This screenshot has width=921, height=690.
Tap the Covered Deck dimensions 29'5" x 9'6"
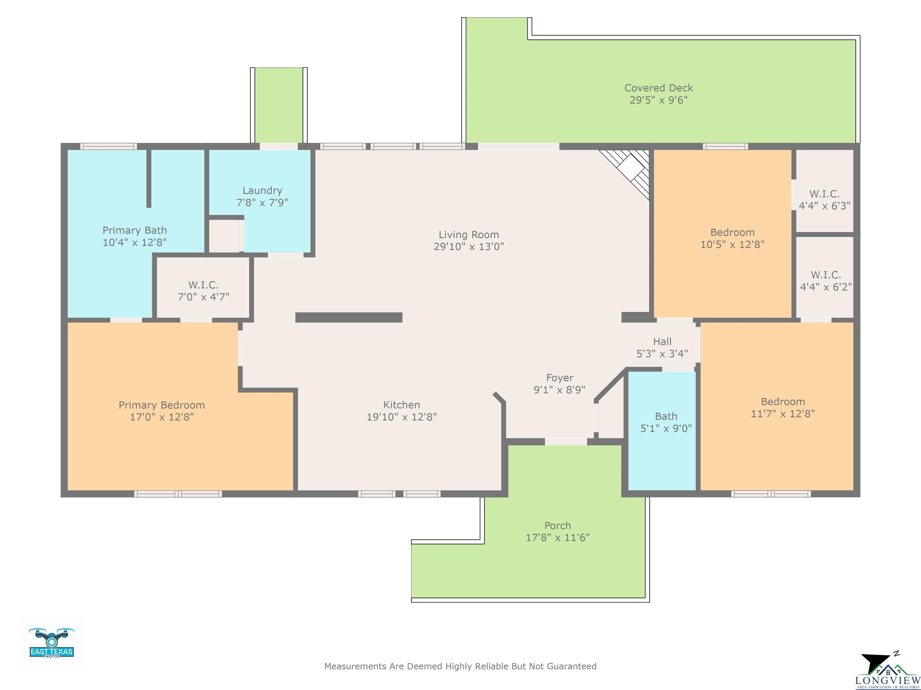tap(658, 100)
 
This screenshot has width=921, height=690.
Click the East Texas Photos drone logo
tap(52, 643)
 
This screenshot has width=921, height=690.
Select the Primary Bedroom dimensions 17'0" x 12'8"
tap(162, 417)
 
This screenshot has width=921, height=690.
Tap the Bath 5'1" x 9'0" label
tap(666, 422)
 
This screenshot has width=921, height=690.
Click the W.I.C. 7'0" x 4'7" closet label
tap(203, 291)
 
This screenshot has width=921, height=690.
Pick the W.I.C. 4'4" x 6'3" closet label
tap(824, 200)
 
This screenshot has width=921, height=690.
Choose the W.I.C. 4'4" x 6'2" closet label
tap(826, 281)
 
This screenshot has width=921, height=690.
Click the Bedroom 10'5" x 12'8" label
tap(732, 238)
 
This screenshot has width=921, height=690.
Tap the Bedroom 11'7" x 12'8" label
tap(783, 408)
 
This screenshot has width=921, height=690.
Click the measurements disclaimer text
tap(460, 666)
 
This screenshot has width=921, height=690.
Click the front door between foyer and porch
tap(566, 442)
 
